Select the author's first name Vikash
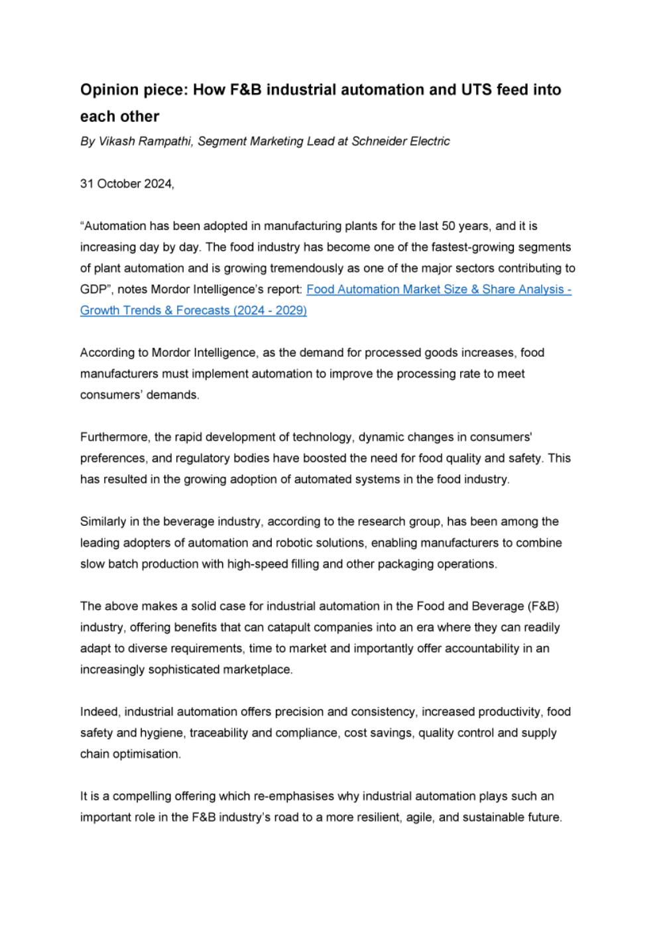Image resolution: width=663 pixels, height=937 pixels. click(x=117, y=141)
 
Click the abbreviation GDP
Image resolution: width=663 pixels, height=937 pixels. click(x=93, y=290)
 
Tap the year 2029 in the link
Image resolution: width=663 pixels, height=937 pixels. click(x=289, y=311)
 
